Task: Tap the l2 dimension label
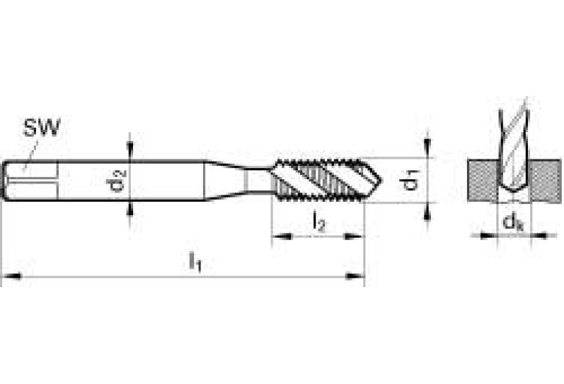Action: pos(318,221)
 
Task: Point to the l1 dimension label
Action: pos(195,261)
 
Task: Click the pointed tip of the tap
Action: pos(378,178)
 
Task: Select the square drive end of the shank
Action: pos(29,179)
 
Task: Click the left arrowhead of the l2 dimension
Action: pos(278,236)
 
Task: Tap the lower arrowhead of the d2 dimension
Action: pos(131,207)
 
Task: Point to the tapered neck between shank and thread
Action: pos(224,179)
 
